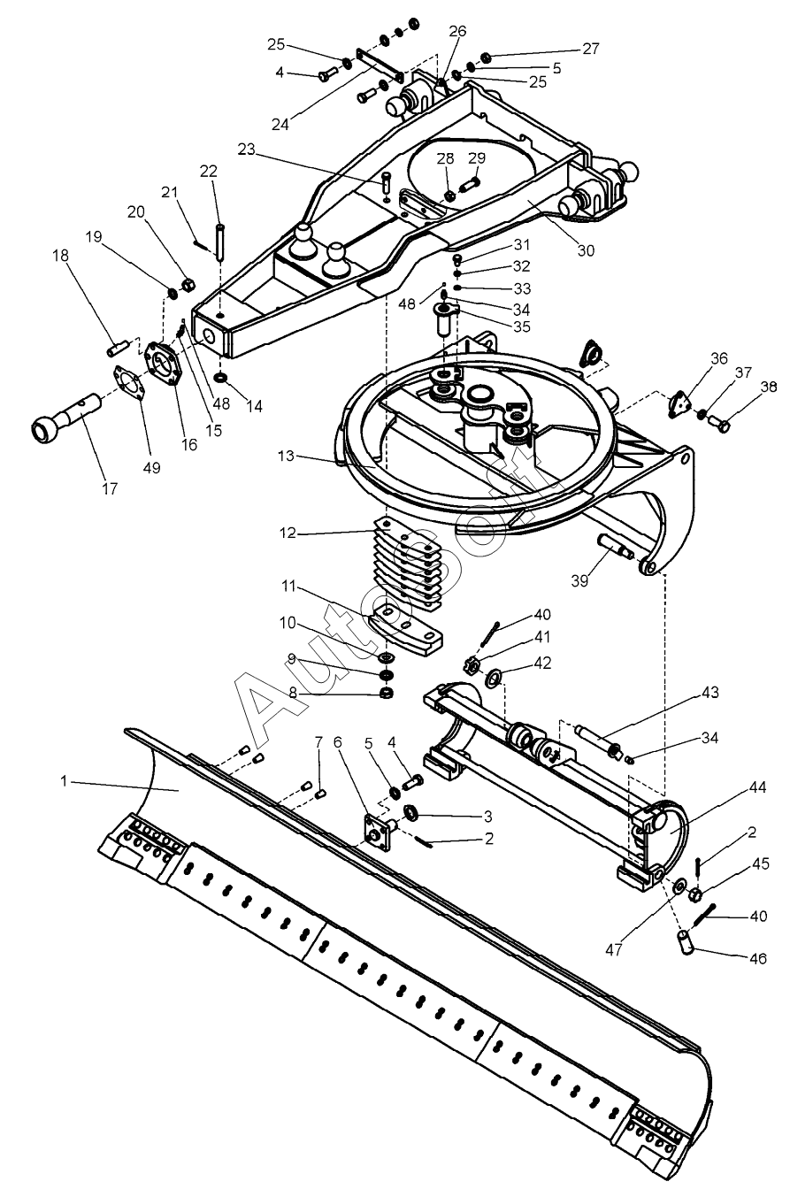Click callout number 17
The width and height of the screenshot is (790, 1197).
110,488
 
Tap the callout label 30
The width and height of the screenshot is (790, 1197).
587,250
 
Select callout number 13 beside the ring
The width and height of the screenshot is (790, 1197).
287,456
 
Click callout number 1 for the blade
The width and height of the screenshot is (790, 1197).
65,781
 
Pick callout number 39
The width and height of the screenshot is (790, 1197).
580,581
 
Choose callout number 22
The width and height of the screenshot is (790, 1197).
209,171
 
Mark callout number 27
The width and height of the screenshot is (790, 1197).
591,49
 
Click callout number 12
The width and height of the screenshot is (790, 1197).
288,533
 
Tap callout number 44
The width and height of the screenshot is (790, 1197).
757,787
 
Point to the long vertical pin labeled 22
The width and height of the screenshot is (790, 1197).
219,243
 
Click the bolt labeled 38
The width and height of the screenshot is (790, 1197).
719,425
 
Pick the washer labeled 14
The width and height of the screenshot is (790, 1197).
220,379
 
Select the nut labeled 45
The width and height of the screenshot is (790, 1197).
695,893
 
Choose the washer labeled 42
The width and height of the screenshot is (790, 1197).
493,679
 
